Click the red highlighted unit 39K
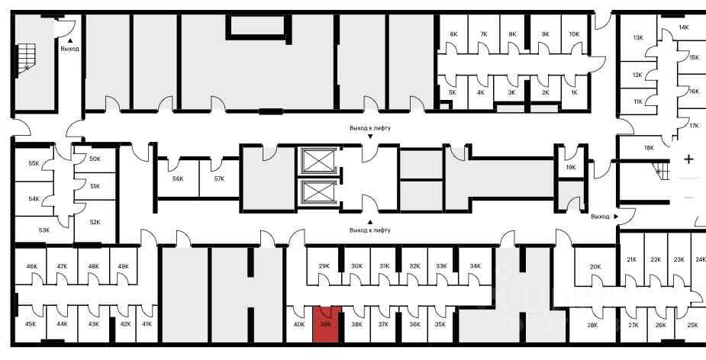(x=326, y=323)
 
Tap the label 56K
(x=178, y=178)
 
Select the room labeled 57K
(x=219, y=178)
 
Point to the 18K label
(x=649, y=148)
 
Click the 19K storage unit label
(x=570, y=167)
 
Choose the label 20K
(x=595, y=266)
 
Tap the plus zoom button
(x=688, y=159)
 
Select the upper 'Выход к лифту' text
(x=370, y=128)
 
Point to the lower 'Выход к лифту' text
(x=370, y=230)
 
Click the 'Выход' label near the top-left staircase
(x=69, y=49)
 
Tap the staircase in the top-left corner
(x=28, y=57)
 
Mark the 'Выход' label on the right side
(x=600, y=216)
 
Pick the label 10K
(x=574, y=34)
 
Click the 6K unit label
(x=453, y=34)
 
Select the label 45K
(x=31, y=324)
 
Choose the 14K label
(x=683, y=27)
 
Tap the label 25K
(x=691, y=325)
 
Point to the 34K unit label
(x=475, y=266)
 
